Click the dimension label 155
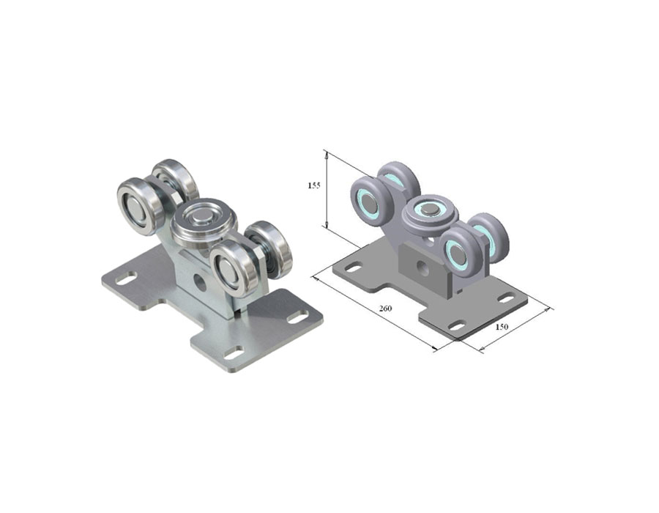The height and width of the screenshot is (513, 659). pyautogui.click(x=314, y=185)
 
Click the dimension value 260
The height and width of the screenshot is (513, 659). pyautogui.click(x=385, y=309)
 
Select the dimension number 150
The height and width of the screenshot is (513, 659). pyautogui.click(x=502, y=326)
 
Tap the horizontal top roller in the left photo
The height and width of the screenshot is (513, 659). pyautogui.click(x=205, y=222)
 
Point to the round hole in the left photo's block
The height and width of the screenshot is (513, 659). pyautogui.click(x=201, y=284)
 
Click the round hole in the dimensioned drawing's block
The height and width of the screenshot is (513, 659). pyautogui.click(x=422, y=267)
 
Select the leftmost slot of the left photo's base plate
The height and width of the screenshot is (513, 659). pyautogui.click(x=126, y=278)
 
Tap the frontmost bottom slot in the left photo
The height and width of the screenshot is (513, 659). pyautogui.click(x=234, y=353)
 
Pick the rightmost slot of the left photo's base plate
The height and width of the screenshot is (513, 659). pyautogui.click(x=298, y=317)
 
